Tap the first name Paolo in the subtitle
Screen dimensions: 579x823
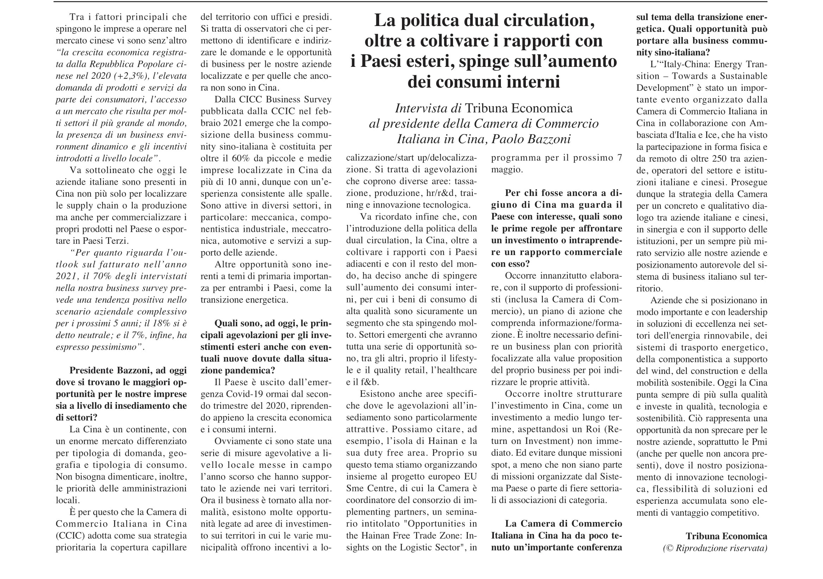tap(507, 139)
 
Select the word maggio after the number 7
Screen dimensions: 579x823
tap(507, 170)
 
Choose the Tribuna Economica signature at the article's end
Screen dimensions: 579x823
tap(726, 536)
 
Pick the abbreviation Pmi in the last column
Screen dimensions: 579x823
tap(760, 442)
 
